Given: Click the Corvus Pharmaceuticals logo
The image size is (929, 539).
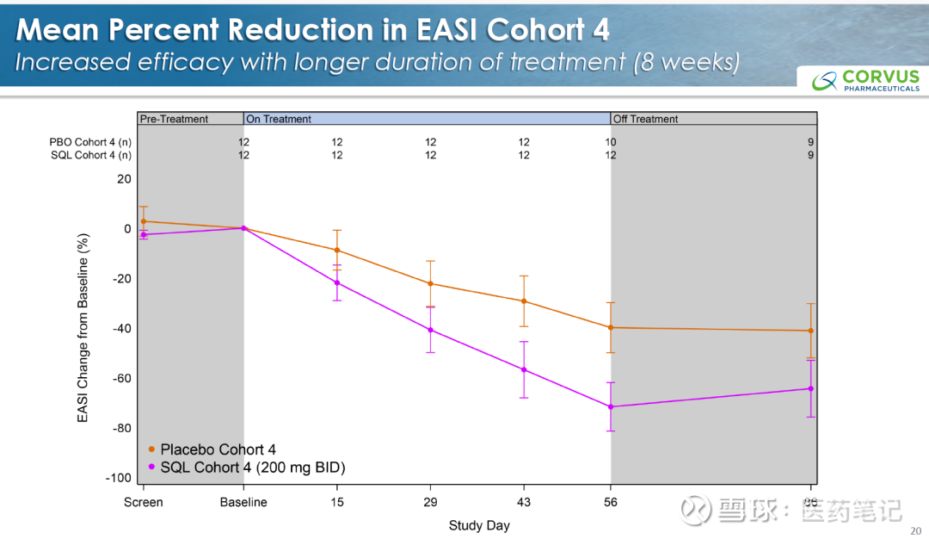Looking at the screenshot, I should click(865, 80).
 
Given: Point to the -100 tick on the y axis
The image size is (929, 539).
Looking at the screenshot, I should click(118, 478).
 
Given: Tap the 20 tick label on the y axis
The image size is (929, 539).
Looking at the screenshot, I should click(124, 179).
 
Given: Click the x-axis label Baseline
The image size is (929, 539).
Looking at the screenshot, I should click(243, 502).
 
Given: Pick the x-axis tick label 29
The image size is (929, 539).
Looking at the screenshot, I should click(430, 502).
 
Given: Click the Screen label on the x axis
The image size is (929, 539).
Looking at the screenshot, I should click(143, 502).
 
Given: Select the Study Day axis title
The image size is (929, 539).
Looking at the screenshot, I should click(478, 525).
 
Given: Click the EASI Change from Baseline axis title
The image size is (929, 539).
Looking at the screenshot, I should click(83, 328).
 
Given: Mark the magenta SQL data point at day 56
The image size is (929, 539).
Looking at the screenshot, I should click(611, 406).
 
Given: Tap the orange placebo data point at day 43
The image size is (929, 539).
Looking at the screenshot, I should click(524, 301).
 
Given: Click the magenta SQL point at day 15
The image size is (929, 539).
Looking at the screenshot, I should click(337, 282).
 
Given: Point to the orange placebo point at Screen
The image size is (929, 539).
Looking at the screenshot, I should click(143, 221).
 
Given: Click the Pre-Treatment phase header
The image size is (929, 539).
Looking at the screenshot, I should click(174, 119).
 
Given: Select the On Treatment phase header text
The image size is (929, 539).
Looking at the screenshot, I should click(279, 119).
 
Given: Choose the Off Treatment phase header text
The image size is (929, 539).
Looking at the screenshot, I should click(645, 119).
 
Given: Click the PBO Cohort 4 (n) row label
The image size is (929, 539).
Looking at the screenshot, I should click(89, 141).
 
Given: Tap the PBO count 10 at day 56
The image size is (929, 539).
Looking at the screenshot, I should click(611, 141).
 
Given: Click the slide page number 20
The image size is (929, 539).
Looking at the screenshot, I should click(914, 531).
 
